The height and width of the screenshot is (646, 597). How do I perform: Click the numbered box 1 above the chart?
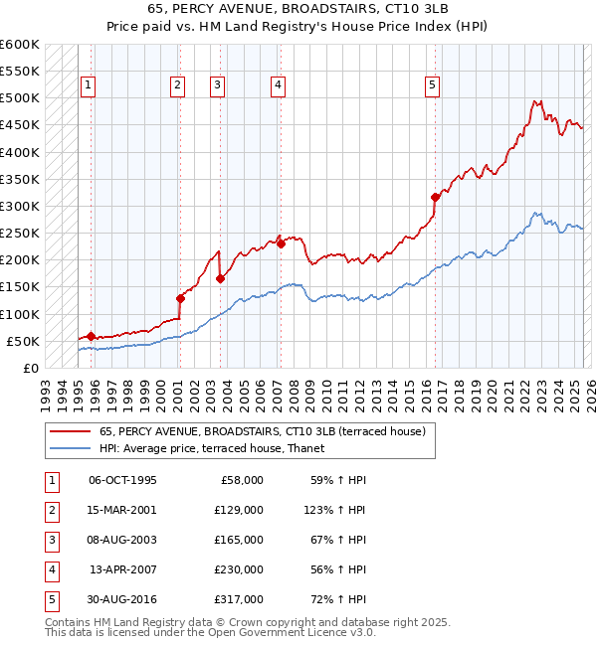[89, 85]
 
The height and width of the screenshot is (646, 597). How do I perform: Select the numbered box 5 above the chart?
[433, 85]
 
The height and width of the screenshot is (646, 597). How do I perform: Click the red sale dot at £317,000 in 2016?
[435, 198]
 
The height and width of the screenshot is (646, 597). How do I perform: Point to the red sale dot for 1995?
[91, 336]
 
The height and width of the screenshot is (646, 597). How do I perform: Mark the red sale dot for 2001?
[180, 298]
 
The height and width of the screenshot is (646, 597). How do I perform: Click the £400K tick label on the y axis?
[19, 152]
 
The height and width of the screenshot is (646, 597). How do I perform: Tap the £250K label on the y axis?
[19, 234]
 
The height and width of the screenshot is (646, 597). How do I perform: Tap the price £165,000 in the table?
[240, 540]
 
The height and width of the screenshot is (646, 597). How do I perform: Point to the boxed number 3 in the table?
[51, 540]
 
